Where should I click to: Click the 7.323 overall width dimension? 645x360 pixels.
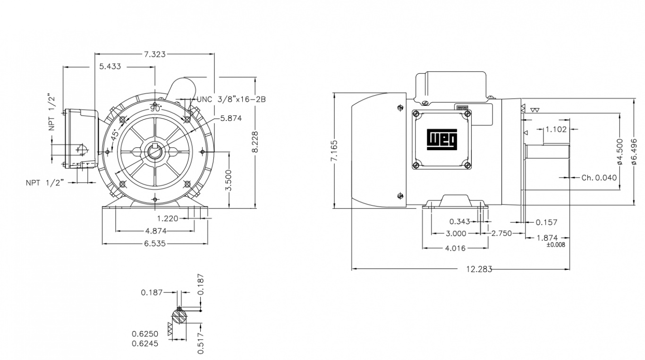coord(154,54)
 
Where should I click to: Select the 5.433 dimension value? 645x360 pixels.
coord(110,67)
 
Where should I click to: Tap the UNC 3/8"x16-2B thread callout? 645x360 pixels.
coord(231,100)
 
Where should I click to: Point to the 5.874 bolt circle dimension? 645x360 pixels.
coord(231,118)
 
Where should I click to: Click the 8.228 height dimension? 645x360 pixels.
coord(255,142)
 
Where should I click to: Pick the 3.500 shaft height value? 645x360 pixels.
coord(229,180)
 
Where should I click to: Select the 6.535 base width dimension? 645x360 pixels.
coord(155,244)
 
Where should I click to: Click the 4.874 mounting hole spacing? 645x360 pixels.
coord(155,231)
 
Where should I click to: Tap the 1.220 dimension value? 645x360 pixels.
coord(168,218)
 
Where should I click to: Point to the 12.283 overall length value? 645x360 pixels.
coord(479,269)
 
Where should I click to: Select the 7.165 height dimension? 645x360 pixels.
coord(334,151)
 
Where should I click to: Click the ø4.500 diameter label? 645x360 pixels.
coord(620,151)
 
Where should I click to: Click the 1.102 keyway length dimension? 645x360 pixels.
coord(556,129)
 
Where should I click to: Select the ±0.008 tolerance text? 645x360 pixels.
coord(556,245)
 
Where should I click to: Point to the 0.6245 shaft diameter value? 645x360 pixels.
coord(145,343)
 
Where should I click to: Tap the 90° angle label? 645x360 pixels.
coord(155,108)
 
